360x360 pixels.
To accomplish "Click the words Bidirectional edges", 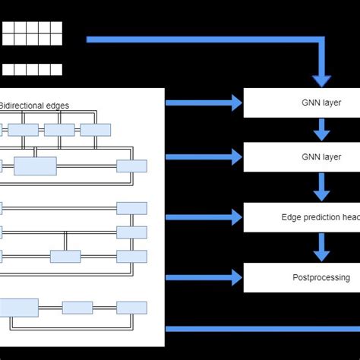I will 35,106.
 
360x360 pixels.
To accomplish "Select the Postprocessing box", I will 301,278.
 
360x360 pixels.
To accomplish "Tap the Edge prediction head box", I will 301,217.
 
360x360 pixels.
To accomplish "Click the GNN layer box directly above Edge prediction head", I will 301,157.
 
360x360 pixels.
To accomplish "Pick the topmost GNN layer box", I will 301,103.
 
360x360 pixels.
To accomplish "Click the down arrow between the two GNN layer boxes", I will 322,130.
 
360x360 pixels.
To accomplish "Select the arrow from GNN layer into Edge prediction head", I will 322,187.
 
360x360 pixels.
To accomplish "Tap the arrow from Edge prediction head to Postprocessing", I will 322,247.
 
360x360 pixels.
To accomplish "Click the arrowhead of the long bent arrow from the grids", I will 322,78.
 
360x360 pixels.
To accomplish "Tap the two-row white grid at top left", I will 31,33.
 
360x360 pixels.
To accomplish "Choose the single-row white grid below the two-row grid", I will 31,70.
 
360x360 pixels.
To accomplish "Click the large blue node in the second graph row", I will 35,166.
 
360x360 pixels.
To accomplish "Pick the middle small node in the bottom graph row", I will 77,308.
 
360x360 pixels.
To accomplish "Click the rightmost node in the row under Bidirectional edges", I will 96,130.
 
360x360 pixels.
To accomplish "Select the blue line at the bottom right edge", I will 262,329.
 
